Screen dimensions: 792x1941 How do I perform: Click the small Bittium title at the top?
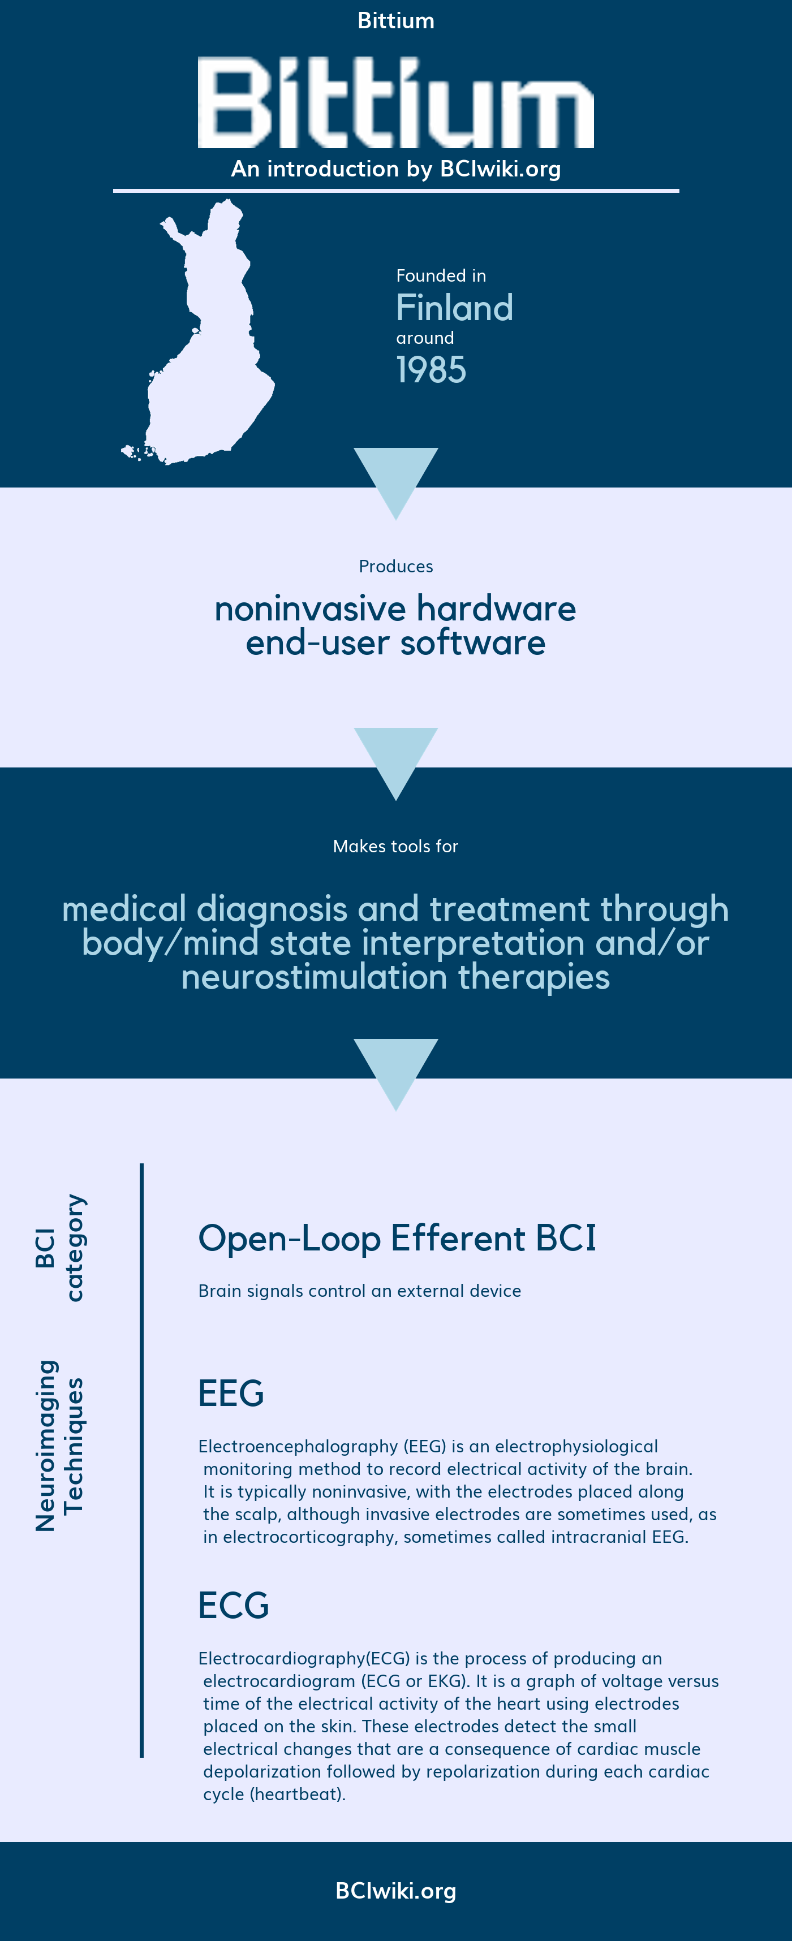pyautogui.click(x=395, y=20)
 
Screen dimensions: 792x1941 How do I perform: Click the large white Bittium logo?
pyautogui.click(x=395, y=102)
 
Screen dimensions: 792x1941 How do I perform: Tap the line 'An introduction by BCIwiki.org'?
pyautogui.click(x=395, y=169)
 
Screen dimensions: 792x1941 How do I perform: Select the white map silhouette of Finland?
pyautogui.click(x=198, y=331)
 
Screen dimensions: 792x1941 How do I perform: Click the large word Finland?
pyautogui.click(x=454, y=308)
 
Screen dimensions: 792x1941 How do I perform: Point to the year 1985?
pyautogui.click(x=431, y=369)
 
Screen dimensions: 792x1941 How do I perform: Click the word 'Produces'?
pyautogui.click(x=395, y=566)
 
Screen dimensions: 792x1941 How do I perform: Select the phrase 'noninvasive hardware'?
pyautogui.click(x=395, y=608)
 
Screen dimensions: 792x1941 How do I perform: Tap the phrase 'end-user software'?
pyautogui.click(x=395, y=642)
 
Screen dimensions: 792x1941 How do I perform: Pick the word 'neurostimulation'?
pyautogui.click(x=314, y=977)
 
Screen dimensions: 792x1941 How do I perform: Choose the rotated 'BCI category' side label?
pyautogui.click(x=61, y=1248)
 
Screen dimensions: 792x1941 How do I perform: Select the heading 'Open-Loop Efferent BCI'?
pyautogui.click(x=397, y=1238)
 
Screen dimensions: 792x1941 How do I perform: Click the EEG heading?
pyautogui.click(x=231, y=1393)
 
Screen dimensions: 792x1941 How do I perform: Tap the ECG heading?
pyautogui.click(x=234, y=1605)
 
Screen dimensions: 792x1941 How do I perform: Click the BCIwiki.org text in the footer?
pyautogui.click(x=395, y=1891)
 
